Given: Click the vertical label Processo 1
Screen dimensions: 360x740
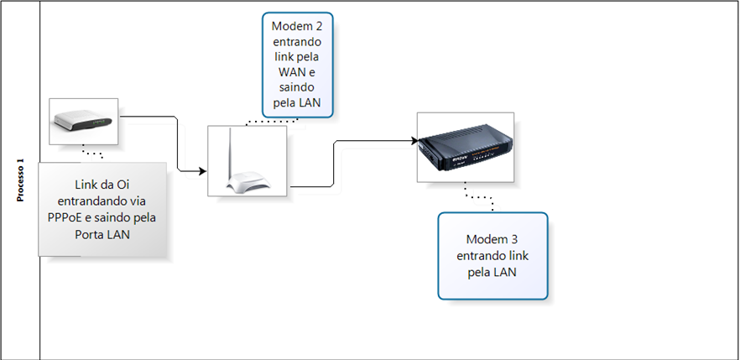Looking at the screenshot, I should click(20, 180).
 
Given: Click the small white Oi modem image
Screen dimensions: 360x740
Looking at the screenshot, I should click(82, 121).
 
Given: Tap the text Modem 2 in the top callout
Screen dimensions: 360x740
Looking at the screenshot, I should click(297, 26).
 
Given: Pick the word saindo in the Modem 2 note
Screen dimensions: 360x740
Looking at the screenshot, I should click(296, 88).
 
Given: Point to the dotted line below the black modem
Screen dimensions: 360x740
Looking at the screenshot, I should click(478, 198).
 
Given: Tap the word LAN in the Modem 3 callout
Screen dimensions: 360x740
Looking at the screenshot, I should click(504, 272).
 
